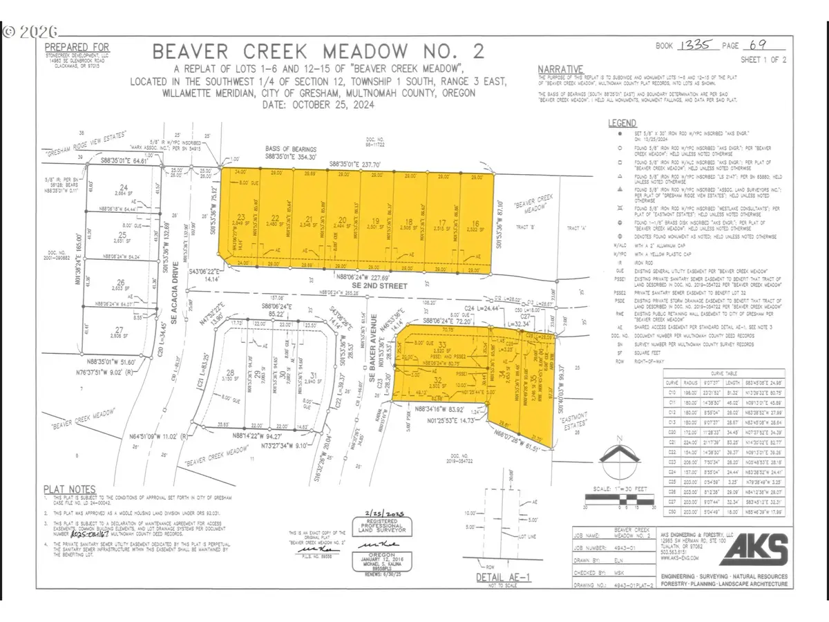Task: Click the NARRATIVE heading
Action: [x=560, y=68]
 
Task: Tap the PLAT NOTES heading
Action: [x=70, y=487]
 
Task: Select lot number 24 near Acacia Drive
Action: [x=124, y=187]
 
